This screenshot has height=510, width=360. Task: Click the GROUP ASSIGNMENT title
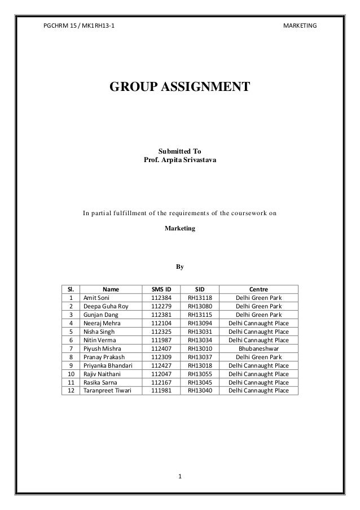(x=179, y=87)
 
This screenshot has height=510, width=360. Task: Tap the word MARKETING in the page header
(x=299, y=25)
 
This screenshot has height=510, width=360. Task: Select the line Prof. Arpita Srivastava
(x=179, y=162)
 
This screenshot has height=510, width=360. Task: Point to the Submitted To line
(x=179, y=152)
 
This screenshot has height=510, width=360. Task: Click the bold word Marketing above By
(x=179, y=230)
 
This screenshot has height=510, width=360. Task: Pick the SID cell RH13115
(x=200, y=315)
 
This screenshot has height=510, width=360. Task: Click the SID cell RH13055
(x=200, y=374)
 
